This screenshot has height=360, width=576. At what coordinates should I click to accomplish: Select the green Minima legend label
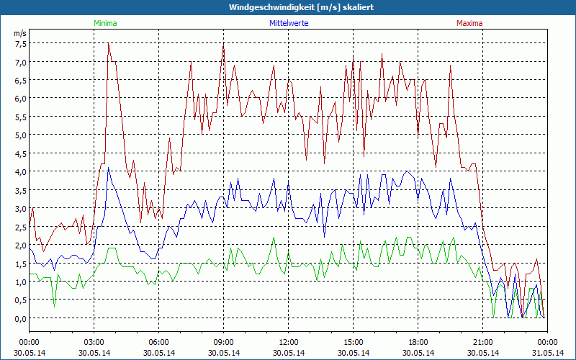[105, 23]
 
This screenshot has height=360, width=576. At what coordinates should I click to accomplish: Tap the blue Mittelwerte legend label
[288, 23]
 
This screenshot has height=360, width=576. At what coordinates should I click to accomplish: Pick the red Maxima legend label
[469, 23]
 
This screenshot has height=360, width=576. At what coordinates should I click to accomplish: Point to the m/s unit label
[19, 33]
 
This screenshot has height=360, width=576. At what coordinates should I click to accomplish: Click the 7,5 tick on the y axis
[19, 43]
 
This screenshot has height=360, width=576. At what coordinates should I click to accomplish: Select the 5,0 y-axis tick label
[19, 135]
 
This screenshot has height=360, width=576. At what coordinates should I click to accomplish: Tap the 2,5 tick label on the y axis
[19, 227]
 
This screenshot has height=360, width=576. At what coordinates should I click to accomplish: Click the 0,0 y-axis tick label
[19, 318]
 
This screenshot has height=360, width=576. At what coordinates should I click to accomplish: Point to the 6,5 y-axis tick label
[19, 80]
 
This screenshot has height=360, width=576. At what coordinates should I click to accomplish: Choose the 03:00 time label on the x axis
[94, 342]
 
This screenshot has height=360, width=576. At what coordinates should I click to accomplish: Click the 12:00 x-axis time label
[289, 342]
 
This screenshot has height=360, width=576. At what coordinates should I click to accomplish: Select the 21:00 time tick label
[483, 342]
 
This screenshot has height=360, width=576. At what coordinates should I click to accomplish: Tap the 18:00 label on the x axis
[418, 342]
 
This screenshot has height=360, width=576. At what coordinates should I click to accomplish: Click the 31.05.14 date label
[548, 353]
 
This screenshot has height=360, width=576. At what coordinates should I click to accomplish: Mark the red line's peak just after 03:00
[108, 43]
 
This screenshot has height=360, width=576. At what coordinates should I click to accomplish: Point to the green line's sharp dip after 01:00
[54, 307]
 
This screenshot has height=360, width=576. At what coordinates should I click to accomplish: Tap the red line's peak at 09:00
[224, 45]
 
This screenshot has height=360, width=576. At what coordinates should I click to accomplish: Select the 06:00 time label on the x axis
[159, 342]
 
